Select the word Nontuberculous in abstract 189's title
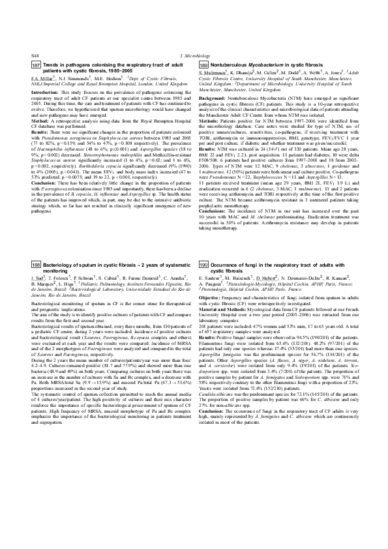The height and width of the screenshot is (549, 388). click(230, 67)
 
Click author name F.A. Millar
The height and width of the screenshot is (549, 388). click(43, 78)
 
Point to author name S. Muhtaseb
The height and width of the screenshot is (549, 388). click(213, 78)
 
